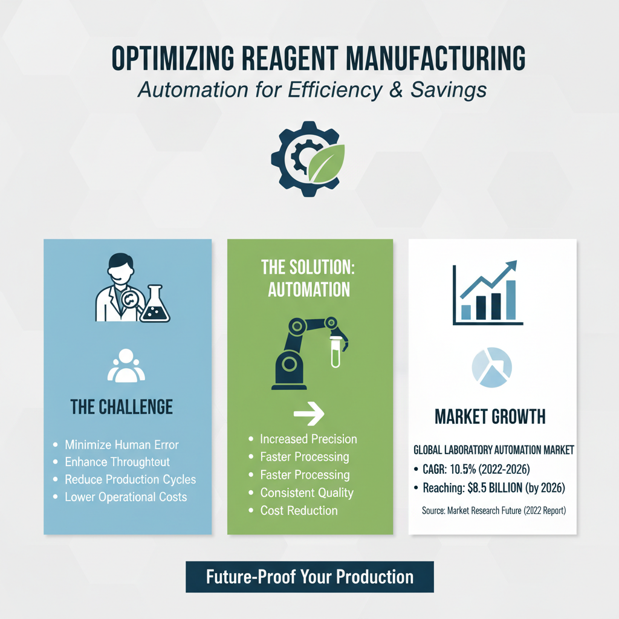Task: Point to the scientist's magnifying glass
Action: (x=132, y=300)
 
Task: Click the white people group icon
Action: (x=127, y=366)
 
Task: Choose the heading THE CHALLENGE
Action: (x=122, y=407)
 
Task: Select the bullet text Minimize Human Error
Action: (x=122, y=445)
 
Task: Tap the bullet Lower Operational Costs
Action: (x=126, y=497)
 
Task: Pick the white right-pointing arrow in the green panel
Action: (x=309, y=415)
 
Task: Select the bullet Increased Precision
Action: (x=308, y=439)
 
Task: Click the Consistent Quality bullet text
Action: (x=306, y=493)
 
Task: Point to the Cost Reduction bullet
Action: (x=299, y=510)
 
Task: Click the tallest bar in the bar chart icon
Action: (x=510, y=300)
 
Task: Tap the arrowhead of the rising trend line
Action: (x=511, y=267)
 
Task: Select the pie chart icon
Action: (x=491, y=368)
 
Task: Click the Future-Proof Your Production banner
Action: (x=309, y=576)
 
